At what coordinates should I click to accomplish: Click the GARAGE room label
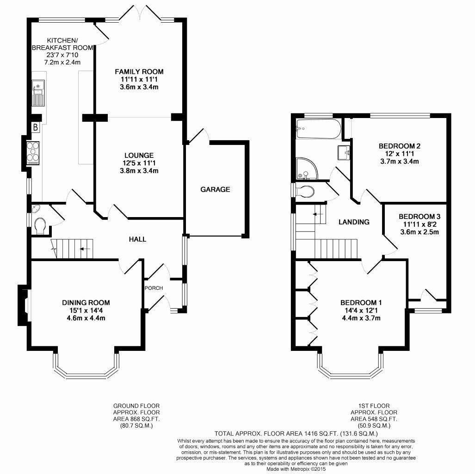tap(215, 189)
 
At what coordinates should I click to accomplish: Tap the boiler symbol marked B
tap(35, 128)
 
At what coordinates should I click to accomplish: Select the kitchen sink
tap(37, 92)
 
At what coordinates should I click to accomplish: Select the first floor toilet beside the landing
tap(305, 191)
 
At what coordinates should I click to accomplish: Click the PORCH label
tap(154, 288)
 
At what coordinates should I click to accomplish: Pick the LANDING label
tap(354, 222)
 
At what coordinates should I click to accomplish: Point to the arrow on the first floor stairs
tap(316, 214)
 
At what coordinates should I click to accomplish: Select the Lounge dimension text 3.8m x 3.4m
tap(139, 171)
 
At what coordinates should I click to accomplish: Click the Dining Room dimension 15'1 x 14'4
tap(86, 311)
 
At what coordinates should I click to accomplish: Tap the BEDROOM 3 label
tap(419, 216)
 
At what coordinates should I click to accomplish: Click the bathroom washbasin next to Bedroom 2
tap(343, 152)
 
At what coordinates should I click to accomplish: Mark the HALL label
tap(137, 239)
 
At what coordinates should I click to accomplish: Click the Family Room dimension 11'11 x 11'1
tap(139, 79)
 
